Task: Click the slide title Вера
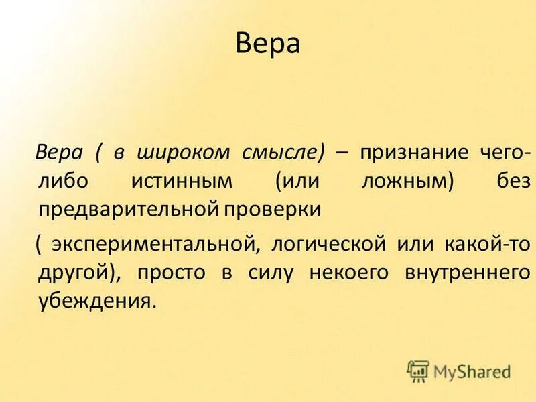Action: click(268, 45)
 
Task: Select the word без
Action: click(513, 181)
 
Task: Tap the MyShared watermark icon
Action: click(418, 371)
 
